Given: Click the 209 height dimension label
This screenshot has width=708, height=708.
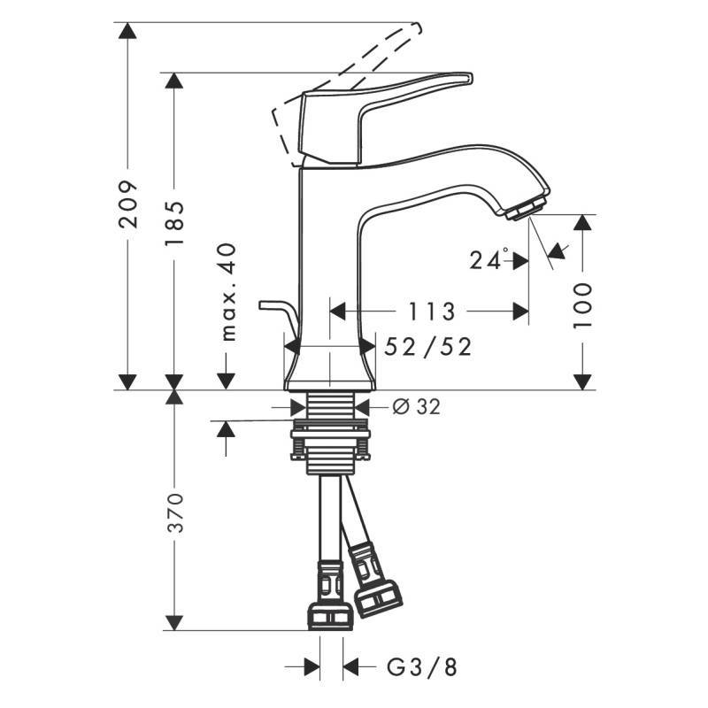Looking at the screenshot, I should tap(129, 205).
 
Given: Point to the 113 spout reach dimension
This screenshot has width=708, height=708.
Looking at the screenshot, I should tap(431, 312).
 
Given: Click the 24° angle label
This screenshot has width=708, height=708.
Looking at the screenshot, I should tap(489, 260).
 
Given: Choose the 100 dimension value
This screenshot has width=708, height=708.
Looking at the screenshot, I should tap(581, 305).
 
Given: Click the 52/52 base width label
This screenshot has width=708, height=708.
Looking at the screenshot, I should tap(427, 347).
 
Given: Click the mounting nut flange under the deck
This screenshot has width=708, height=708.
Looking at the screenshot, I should tap(328, 434).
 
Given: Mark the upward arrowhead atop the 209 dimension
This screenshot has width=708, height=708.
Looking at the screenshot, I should tap(129, 31).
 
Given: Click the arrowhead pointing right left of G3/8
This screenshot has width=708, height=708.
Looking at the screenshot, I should tap(312, 666).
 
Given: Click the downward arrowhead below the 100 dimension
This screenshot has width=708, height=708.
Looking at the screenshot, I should tap(581, 381).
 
